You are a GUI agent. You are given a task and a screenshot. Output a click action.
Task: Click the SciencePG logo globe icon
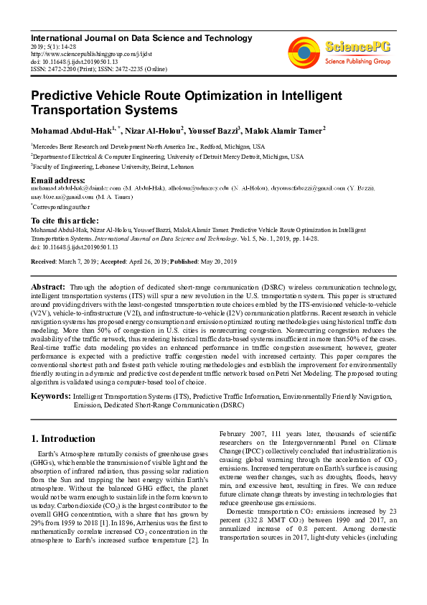(x=304, y=52)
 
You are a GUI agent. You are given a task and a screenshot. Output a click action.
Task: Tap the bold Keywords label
(x=50, y=396)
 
